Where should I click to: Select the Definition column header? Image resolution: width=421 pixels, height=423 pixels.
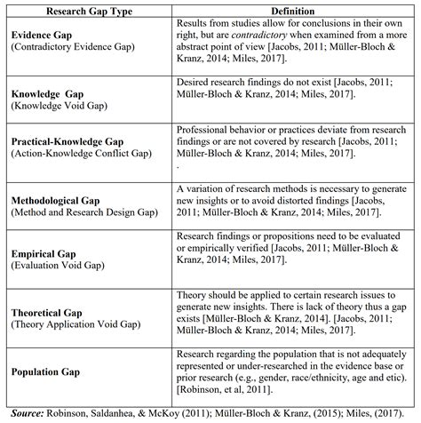[x=292, y=10]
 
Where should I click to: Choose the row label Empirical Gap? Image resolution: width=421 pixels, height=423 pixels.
[x=41, y=253]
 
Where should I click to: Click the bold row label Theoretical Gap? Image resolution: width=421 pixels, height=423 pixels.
[x=46, y=314]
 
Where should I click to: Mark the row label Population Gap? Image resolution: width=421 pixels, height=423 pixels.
[x=45, y=371]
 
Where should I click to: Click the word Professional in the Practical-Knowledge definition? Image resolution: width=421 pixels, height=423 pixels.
[x=203, y=129]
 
